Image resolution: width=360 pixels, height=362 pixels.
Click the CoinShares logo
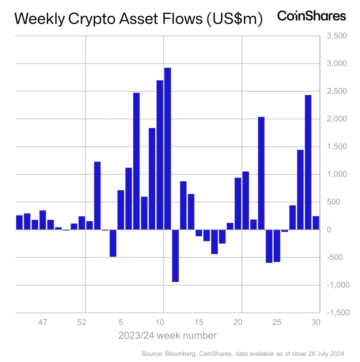click(x=311, y=17)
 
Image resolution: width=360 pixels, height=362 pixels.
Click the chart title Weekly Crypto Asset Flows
click(x=139, y=19)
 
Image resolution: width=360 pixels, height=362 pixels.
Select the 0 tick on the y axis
click(x=329, y=230)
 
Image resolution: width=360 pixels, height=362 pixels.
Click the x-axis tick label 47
click(x=42, y=322)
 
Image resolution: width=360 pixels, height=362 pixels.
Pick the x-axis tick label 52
click(x=81, y=322)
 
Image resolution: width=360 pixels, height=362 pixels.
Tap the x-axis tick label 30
click(x=316, y=322)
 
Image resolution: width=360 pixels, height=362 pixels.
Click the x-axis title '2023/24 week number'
click(x=167, y=335)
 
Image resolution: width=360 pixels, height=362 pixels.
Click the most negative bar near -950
click(x=175, y=256)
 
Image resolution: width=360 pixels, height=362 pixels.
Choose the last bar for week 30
click(x=316, y=223)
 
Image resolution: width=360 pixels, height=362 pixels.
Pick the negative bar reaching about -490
click(x=113, y=243)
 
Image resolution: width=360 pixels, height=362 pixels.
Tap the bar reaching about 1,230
click(x=97, y=196)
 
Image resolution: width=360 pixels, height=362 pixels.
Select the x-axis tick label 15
click(x=198, y=322)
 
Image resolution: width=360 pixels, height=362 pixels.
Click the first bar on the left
click(x=19, y=223)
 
